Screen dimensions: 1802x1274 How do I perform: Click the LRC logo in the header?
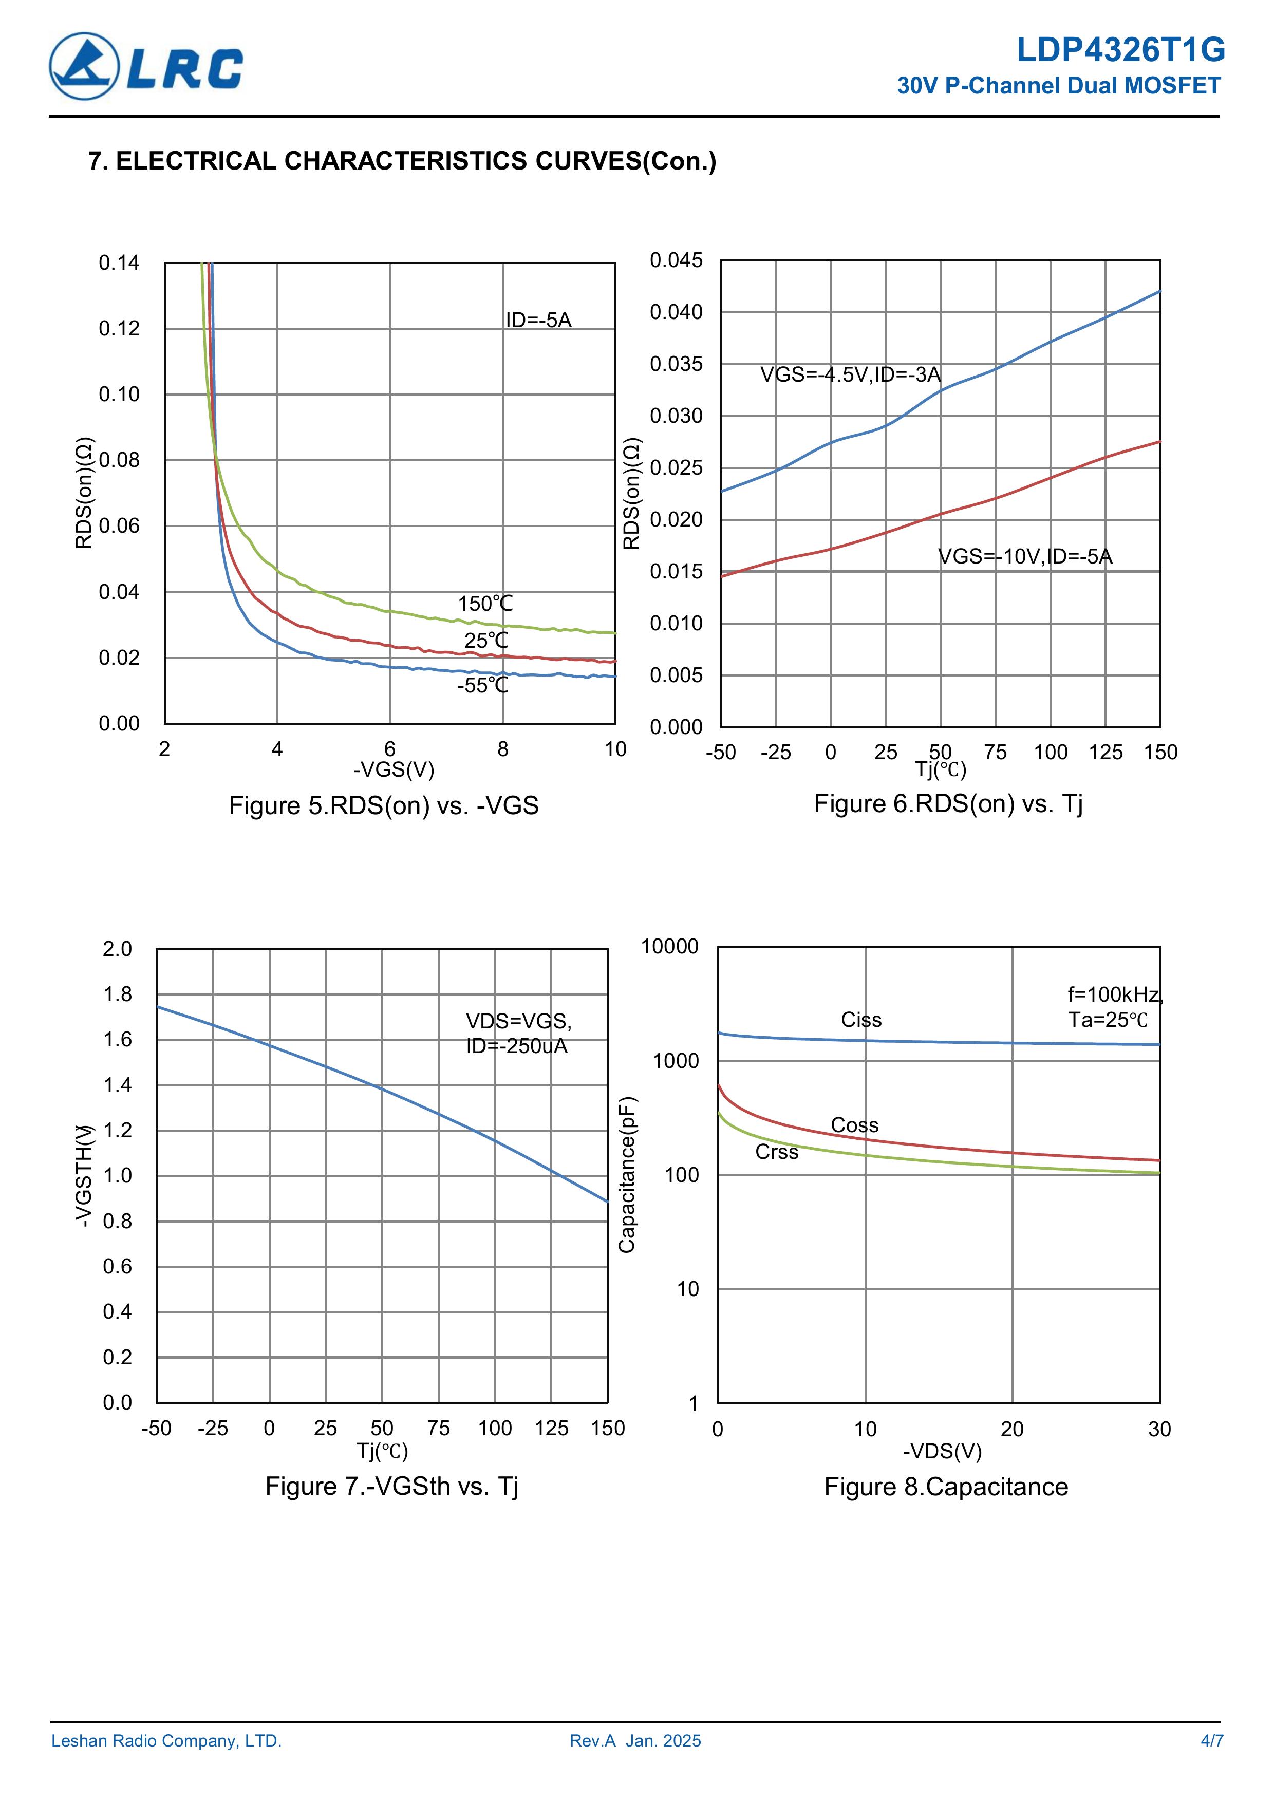(146, 67)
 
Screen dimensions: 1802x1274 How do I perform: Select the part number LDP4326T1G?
(1120, 50)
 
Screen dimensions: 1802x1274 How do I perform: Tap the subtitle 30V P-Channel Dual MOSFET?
(1058, 86)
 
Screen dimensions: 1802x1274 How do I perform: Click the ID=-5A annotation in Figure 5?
(538, 320)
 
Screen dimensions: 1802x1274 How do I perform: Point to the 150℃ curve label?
(485, 604)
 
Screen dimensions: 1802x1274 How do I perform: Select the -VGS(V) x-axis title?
(394, 769)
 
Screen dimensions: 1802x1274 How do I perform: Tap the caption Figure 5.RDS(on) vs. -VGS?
(383, 806)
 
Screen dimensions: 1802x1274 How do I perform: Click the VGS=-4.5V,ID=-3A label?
(850, 374)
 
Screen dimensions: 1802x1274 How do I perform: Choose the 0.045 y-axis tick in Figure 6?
(676, 260)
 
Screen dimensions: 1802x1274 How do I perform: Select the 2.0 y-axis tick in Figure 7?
(118, 949)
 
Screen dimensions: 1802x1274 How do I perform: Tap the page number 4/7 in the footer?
(1211, 1741)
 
